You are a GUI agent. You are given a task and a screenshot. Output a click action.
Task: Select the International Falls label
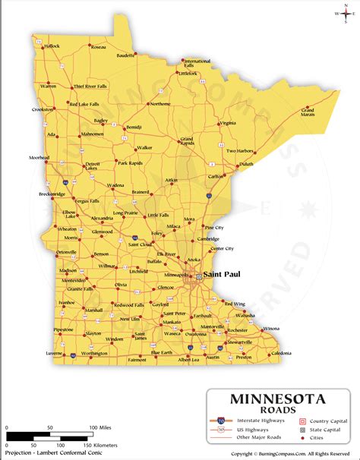[x=197, y=63]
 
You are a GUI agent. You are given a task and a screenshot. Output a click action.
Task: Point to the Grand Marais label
[x=308, y=113]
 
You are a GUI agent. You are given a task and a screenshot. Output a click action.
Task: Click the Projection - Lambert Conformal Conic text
[x=53, y=454]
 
